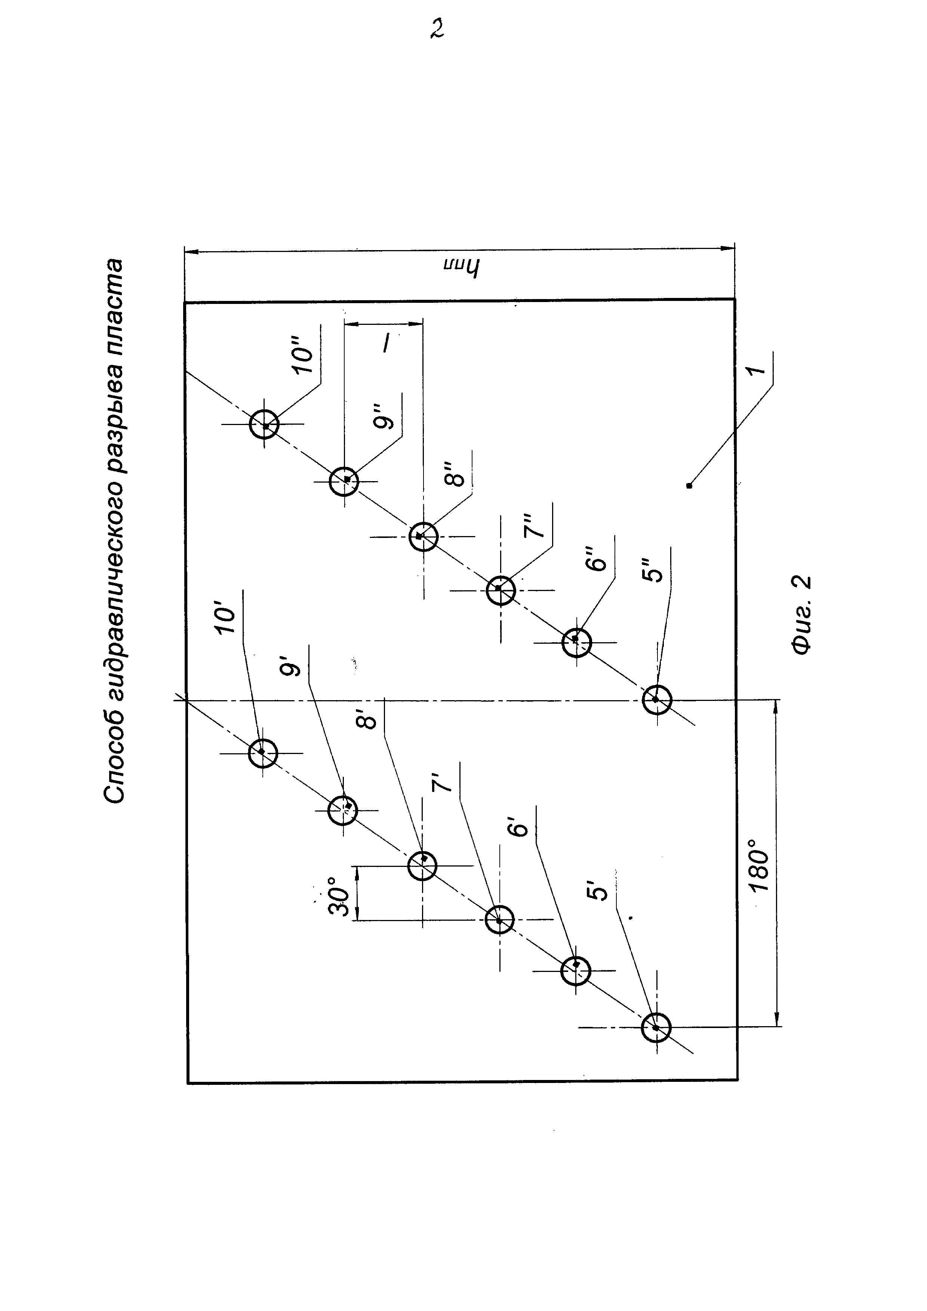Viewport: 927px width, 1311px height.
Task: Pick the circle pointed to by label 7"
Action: (501, 590)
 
